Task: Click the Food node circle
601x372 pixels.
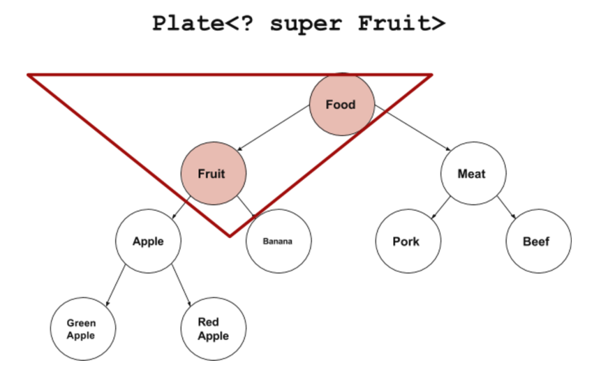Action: pyautogui.click(x=341, y=105)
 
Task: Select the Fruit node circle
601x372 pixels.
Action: pyautogui.click(x=213, y=173)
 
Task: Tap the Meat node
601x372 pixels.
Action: pyautogui.click(x=472, y=173)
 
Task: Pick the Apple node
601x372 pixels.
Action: pyautogui.click(x=148, y=241)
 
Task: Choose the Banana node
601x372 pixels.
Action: pyautogui.click(x=278, y=241)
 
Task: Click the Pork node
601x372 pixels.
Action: pyautogui.click(x=407, y=241)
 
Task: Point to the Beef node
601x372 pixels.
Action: pyautogui.click(x=537, y=241)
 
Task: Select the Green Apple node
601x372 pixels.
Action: pyautogui.click(x=82, y=328)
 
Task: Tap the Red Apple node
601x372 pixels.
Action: pyautogui.click(x=212, y=328)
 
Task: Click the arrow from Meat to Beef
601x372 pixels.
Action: pyautogui.click(x=507, y=207)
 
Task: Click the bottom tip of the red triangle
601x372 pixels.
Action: pyautogui.click(x=230, y=235)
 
